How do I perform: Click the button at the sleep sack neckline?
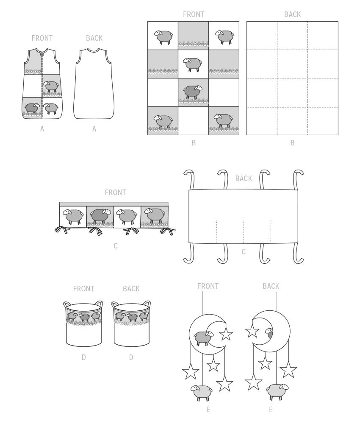(42, 54)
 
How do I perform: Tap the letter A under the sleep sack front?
(42, 129)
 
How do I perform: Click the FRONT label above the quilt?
(194, 14)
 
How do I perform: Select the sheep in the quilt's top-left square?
(163, 37)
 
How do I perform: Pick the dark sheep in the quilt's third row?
(193, 92)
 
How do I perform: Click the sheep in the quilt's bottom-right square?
(223, 120)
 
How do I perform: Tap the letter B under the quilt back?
(292, 143)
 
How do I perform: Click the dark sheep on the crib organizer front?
(100, 215)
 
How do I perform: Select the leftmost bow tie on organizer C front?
(62, 230)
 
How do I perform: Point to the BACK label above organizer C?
(244, 179)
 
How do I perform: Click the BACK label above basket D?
(131, 289)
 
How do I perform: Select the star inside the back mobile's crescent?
(252, 331)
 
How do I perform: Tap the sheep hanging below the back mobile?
(277, 391)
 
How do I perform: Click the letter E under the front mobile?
(208, 410)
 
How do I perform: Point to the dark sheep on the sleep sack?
(32, 108)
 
